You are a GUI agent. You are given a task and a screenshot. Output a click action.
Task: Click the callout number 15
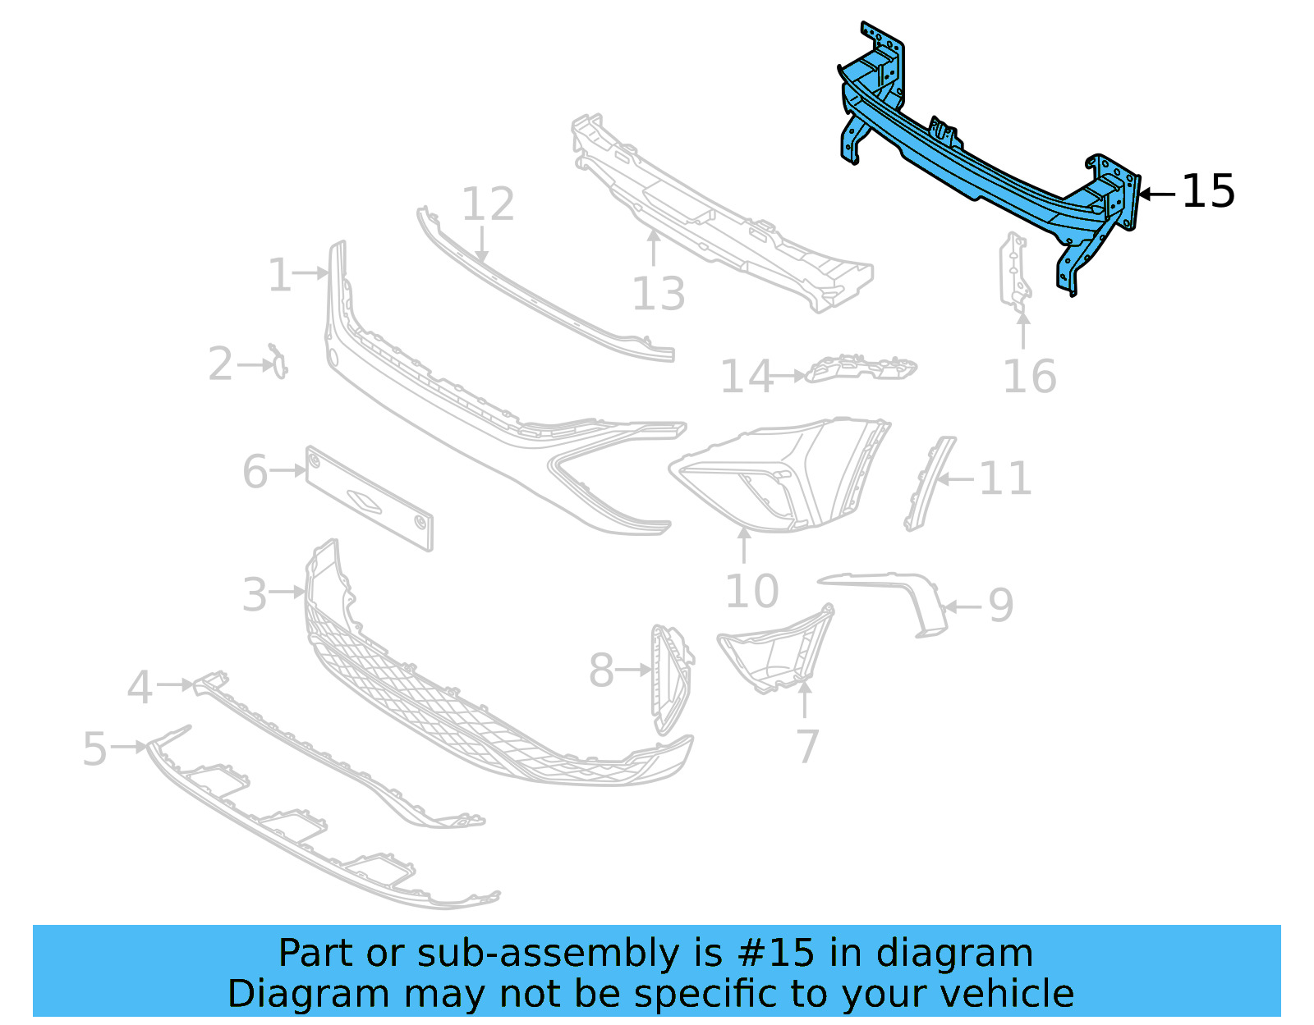(x=1208, y=191)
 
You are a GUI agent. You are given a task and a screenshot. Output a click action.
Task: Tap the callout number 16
(x=1030, y=377)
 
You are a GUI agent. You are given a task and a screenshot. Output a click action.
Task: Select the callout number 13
(x=659, y=294)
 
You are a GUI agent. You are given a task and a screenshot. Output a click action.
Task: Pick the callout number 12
(x=488, y=204)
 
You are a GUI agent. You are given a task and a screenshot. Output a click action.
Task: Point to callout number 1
(x=279, y=275)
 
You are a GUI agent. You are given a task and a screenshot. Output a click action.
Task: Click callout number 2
(x=220, y=364)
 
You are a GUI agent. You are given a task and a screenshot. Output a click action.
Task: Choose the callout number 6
(x=255, y=472)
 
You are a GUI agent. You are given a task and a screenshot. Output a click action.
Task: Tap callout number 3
(x=255, y=594)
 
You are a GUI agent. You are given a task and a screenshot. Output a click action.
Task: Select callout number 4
(x=140, y=686)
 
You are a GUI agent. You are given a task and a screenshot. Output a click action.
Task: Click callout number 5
(x=95, y=748)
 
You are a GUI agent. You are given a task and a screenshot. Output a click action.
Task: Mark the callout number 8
(x=601, y=670)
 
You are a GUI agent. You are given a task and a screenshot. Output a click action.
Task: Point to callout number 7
(x=808, y=745)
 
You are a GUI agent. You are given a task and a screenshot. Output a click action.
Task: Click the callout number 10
(x=751, y=591)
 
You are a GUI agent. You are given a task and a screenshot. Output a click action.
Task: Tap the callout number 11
(x=1005, y=478)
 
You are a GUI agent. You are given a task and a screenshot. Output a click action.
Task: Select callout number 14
(x=747, y=377)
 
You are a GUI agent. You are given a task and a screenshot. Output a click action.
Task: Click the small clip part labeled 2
(x=279, y=362)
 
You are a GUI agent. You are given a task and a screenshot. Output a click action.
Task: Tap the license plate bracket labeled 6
(x=369, y=498)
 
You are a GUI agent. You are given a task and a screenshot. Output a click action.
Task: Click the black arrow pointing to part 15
(x=1158, y=194)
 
